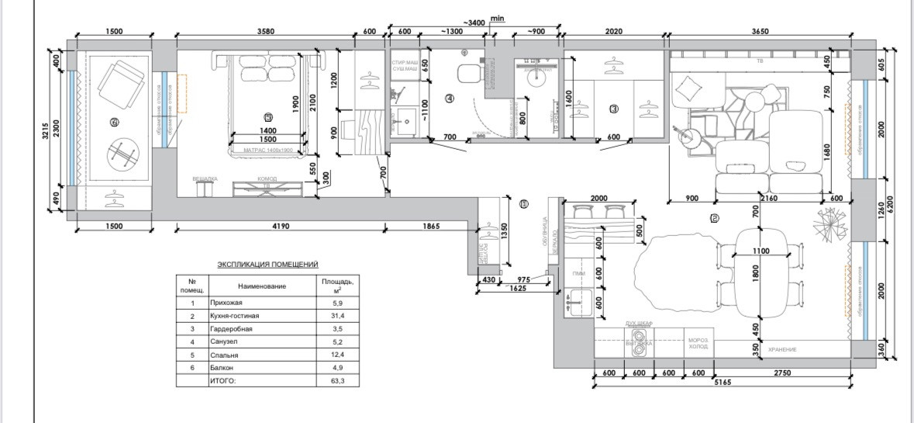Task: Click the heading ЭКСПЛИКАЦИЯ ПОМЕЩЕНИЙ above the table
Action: [x=267, y=265]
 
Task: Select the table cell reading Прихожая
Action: [x=226, y=303]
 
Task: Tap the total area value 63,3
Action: [x=335, y=381]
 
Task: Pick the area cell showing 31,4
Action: [x=335, y=316]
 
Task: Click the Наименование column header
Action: [x=262, y=286]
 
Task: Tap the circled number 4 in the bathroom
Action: [x=449, y=99]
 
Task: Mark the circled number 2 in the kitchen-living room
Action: [x=714, y=218]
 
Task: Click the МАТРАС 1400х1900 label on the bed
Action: [x=267, y=150]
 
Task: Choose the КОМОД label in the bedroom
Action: [x=267, y=179]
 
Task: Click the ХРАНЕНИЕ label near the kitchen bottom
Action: [x=782, y=350]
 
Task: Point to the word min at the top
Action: [x=498, y=17]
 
